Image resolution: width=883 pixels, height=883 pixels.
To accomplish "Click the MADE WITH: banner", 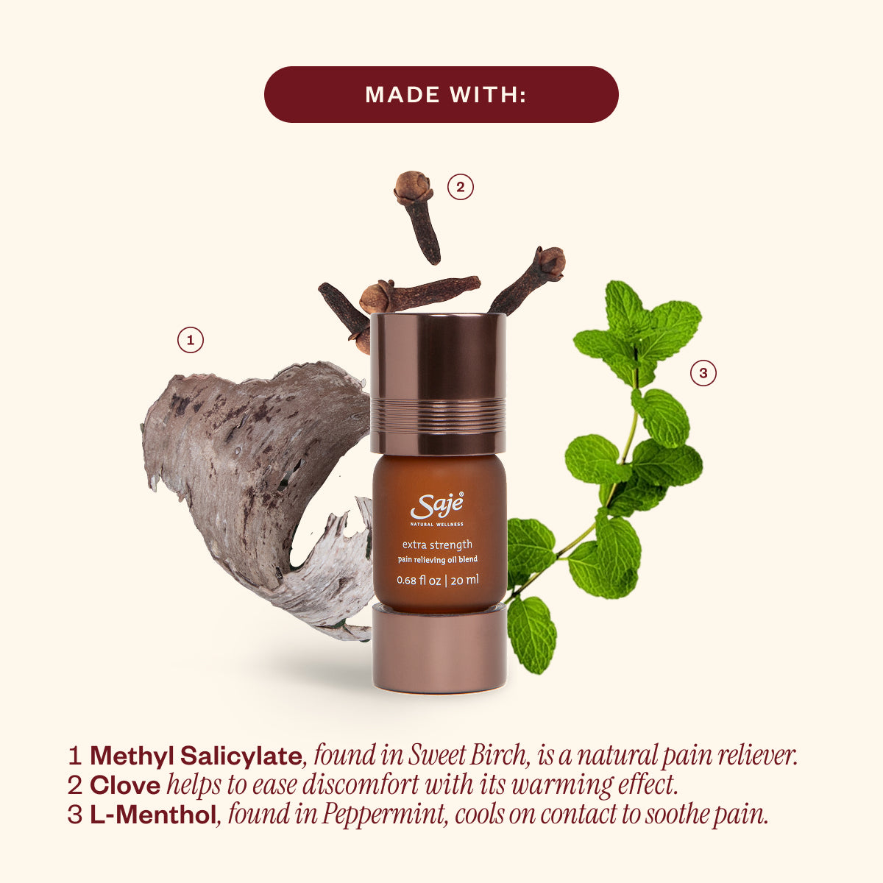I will tap(441, 94).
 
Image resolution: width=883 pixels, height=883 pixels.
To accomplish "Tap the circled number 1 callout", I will tap(191, 340).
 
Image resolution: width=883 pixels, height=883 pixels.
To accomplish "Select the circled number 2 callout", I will tap(460, 187).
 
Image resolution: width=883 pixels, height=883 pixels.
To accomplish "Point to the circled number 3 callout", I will tap(703, 374).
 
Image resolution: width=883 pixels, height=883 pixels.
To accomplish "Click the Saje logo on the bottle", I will tap(438, 506).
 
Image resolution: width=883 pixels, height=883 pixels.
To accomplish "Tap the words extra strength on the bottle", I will tap(437, 545).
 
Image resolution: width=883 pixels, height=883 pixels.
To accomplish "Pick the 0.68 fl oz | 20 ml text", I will tap(438, 580).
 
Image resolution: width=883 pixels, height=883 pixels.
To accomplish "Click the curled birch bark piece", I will tap(250, 471).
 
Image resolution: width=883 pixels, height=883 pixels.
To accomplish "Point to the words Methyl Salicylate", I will tap(196, 756).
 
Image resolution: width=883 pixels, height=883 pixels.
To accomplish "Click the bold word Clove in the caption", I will tap(125, 786).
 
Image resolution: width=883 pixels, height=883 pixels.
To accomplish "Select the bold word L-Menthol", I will tap(153, 815).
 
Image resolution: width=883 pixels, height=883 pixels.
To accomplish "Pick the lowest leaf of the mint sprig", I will tap(531, 633).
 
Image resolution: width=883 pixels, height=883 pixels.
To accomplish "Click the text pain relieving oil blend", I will tap(437, 560).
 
